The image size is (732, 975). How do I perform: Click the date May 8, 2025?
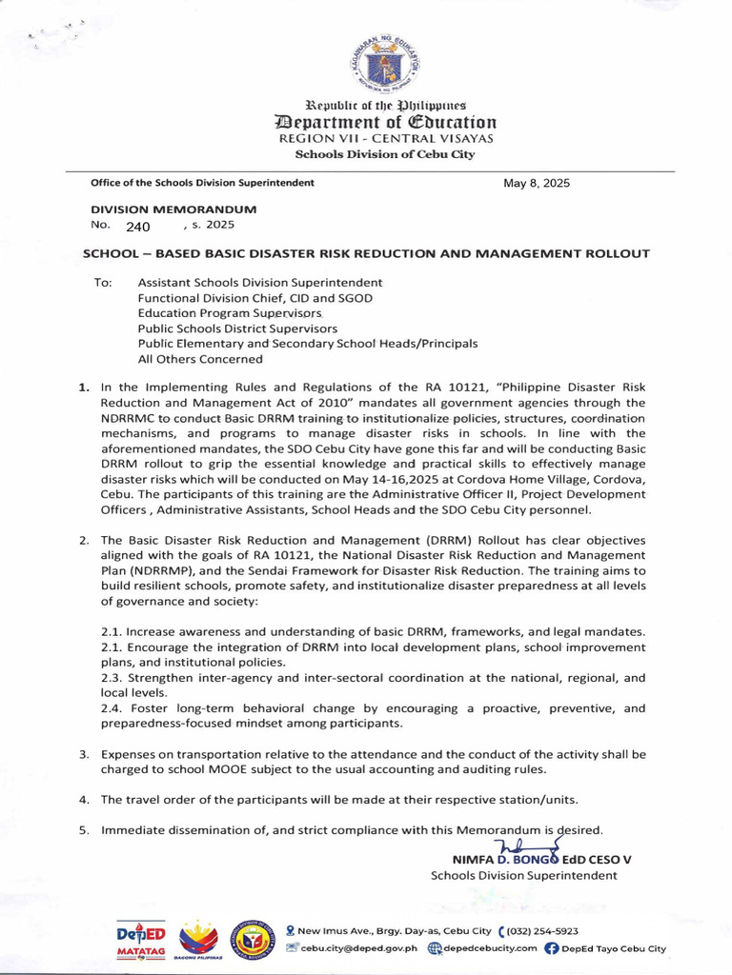pos(536,183)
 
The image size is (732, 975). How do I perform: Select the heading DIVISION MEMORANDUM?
pos(173,209)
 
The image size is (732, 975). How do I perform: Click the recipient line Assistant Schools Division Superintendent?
pos(260,283)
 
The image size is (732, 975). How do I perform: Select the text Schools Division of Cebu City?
pos(385,154)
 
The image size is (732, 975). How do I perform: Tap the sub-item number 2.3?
pos(112,678)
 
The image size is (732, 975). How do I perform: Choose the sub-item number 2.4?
pos(112,708)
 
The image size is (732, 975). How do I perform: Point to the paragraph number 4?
pos(84,799)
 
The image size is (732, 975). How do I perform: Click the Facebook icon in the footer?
pos(551,948)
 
